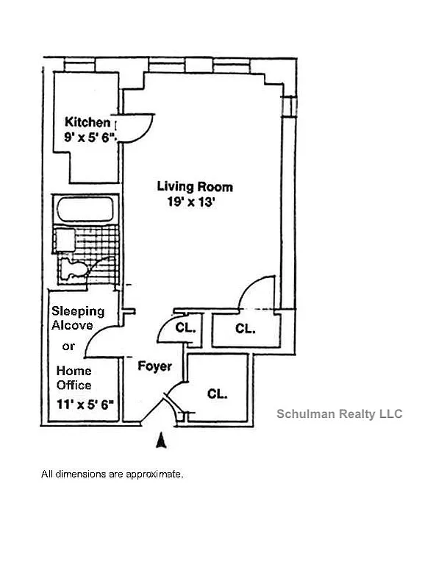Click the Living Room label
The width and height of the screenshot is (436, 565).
(195, 187)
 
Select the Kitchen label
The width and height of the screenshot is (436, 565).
(87, 122)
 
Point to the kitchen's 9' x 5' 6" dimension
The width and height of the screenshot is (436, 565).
(90, 137)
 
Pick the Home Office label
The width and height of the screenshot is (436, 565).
(74, 377)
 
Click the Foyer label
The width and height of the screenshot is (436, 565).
(154, 366)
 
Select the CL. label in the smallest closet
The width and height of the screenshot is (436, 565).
(185, 329)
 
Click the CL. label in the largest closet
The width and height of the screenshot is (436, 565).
(217, 394)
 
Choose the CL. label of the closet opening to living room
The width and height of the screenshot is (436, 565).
(245, 329)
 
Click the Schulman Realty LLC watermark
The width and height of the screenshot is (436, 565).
(339, 413)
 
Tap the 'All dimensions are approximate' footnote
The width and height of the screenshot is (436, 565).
(112, 475)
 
